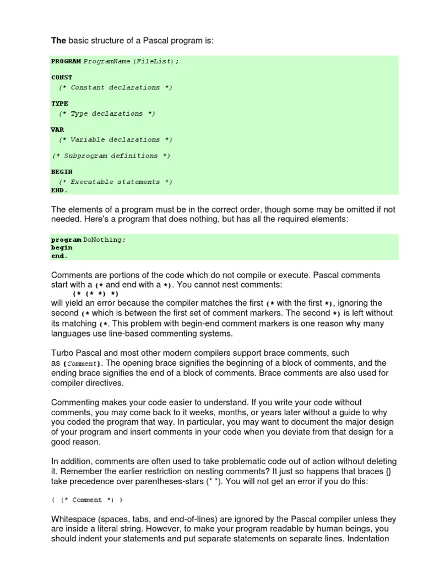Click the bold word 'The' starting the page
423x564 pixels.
58,40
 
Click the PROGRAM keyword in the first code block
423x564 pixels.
66,61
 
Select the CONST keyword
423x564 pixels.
62,78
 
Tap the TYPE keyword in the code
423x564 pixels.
59,104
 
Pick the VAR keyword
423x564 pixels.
57,130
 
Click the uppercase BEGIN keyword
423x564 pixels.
62,172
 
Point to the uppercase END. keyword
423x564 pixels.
59,191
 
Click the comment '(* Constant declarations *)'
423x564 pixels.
116,88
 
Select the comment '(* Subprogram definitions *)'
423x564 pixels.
111,156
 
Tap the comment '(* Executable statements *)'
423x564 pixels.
116,182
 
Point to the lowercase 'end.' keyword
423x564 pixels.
59,256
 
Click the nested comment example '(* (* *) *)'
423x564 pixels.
96,294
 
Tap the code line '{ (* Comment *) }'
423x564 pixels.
86,500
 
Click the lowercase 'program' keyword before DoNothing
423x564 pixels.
66,240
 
